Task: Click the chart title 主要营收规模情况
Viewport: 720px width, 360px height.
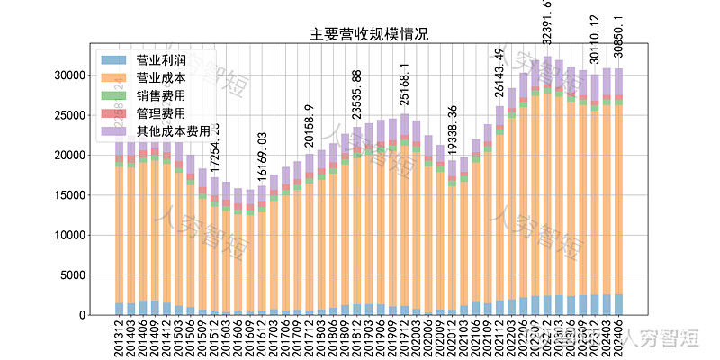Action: (x=369, y=35)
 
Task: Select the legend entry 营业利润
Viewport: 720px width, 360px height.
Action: (x=161, y=61)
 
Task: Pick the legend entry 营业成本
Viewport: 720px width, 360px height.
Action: (x=161, y=78)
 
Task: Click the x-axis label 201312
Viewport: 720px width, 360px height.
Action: (x=120, y=339)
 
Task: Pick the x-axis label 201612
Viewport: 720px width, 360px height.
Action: (x=262, y=339)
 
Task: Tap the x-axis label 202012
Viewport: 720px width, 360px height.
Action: (x=452, y=339)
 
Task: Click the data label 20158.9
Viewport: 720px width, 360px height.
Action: (x=310, y=125)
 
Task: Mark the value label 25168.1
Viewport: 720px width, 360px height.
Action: (x=405, y=86)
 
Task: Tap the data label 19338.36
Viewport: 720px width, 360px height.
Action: (x=453, y=131)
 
